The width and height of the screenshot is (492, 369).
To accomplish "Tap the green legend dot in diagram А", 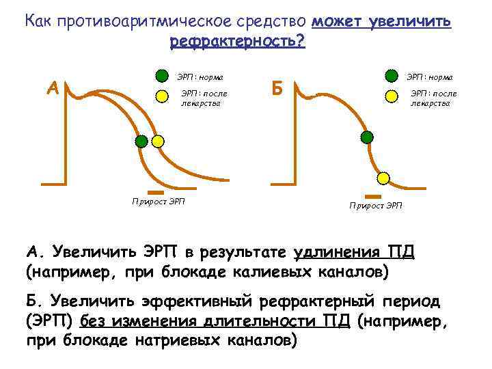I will tap(162, 75).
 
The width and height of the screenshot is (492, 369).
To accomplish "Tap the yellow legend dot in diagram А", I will tap(162, 97).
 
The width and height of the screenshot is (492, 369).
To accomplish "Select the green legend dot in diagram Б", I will tap(392, 75).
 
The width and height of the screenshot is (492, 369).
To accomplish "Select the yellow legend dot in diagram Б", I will tap(392, 97).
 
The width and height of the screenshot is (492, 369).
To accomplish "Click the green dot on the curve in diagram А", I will tap(141, 141).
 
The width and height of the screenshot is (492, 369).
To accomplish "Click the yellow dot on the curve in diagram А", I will tap(158, 141).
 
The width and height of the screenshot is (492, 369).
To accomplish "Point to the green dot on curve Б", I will tap(367, 137).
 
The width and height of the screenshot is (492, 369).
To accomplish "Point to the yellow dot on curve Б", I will tap(383, 178).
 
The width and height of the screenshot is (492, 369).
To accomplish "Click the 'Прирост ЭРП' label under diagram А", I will tap(159, 201).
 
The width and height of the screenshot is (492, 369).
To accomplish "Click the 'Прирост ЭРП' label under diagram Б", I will tap(376, 205).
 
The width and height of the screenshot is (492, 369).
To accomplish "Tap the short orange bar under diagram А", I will tap(156, 192).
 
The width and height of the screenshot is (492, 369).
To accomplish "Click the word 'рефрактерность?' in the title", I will tap(237, 42).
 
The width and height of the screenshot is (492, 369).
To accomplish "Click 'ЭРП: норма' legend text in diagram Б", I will tap(430, 76).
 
